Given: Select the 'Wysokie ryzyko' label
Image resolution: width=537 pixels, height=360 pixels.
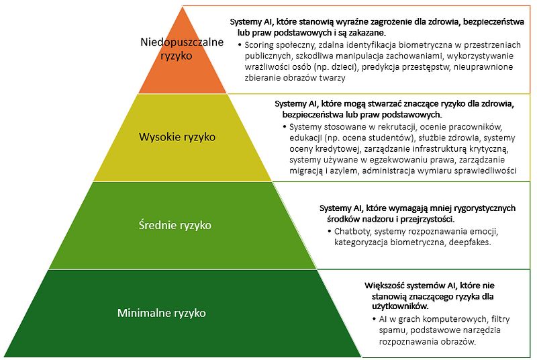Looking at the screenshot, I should pyautogui.click(x=177, y=137).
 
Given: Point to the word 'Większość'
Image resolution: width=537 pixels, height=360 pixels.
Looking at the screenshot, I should pyautogui.click(x=388, y=284).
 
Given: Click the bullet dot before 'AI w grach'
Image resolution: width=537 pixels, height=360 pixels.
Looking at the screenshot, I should pyautogui.click(x=373, y=318).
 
